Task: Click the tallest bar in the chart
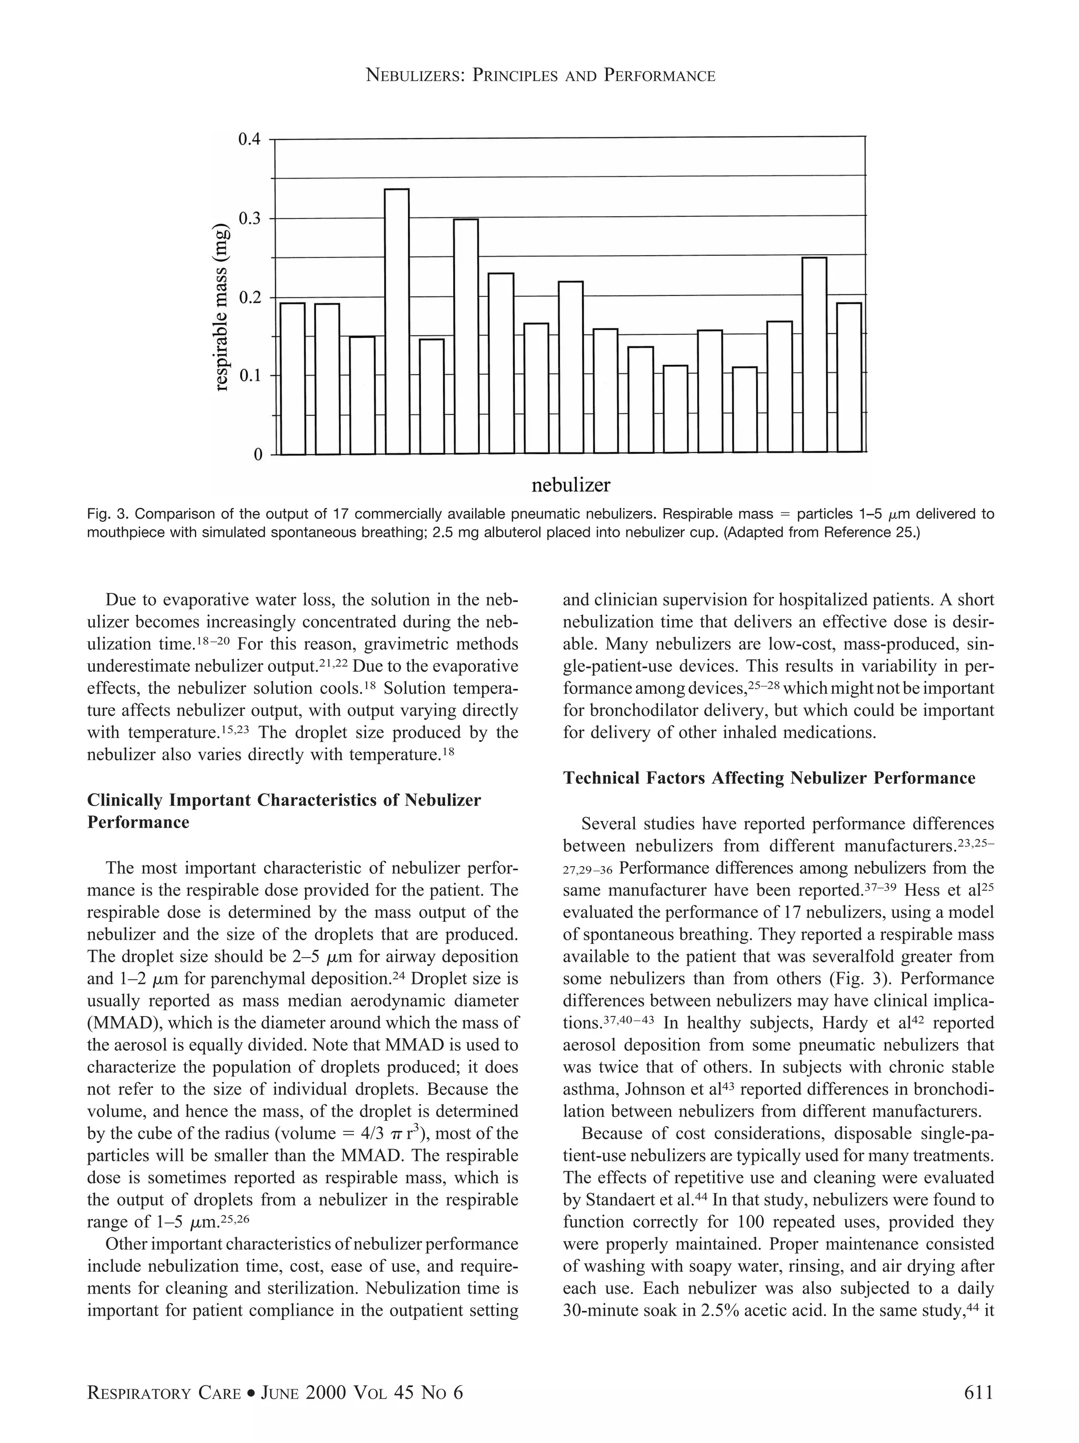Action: (x=397, y=321)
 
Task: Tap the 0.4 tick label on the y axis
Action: (x=249, y=140)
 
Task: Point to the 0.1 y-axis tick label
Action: (x=249, y=376)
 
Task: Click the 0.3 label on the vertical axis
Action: (x=249, y=218)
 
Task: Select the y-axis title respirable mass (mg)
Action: (x=222, y=307)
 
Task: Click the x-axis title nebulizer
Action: (x=571, y=485)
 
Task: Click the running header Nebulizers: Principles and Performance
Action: (x=541, y=76)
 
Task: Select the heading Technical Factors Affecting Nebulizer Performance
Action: (x=769, y=778)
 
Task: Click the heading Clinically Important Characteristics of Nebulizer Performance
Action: (x=284, y=811)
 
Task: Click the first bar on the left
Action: (x=292, y=379)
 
